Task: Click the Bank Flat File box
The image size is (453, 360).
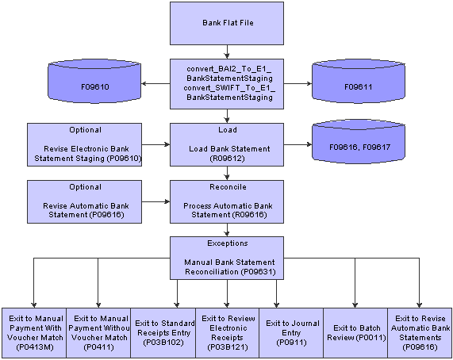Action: (x=227, y=23)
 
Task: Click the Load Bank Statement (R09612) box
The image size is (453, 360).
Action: (x=227, y=144)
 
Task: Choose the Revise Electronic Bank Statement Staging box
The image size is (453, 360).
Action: (x=84, y=144)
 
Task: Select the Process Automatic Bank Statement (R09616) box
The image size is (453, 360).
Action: (x=227, y=201)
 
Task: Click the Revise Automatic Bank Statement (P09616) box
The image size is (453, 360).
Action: (x=84, y=201)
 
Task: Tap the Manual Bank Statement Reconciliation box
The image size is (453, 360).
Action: (x=227, y=258)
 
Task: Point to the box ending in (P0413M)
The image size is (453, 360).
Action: (x=34, y=333)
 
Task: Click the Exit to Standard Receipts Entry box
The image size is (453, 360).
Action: (x=163, y=333)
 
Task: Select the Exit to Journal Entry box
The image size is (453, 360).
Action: (x=291, y=333)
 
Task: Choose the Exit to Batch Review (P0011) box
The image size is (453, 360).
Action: (x=355, y=333)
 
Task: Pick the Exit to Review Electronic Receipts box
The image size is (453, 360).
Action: (x=228, y=333)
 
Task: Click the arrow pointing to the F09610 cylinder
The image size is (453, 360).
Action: (x=155, y=84)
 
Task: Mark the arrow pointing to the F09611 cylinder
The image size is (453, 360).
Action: (x=298, y=84)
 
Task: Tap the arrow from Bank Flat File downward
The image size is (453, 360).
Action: (x=227, y=52)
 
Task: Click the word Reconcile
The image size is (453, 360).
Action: (x=228, y=187)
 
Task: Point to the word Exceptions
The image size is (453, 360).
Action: (x=228, y=243)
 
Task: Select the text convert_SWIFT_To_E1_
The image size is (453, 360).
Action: (x=229, y=88)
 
